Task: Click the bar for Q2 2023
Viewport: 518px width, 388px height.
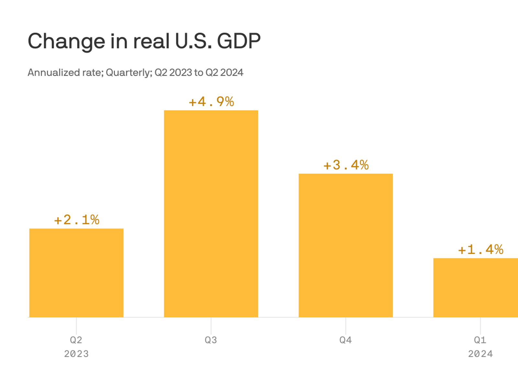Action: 76,273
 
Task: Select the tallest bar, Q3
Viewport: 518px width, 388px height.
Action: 211,214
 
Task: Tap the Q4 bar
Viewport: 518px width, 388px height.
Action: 345,245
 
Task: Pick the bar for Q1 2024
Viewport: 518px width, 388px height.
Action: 476,287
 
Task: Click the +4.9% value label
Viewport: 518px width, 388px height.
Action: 211,102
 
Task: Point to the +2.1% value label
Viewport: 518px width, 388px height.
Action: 77,220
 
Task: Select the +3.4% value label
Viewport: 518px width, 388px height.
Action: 346,165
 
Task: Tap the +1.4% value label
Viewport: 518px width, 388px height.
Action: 481,250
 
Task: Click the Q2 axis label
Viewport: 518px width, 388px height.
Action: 76,340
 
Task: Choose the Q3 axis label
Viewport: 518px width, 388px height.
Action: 211,340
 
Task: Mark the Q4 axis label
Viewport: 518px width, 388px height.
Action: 345,340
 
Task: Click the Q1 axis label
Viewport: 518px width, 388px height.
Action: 480,340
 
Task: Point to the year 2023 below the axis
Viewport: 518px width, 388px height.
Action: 76,354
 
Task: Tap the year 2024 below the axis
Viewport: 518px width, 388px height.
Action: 480,354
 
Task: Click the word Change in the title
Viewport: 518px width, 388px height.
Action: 66,41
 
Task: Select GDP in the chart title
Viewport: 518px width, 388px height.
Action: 239,41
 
